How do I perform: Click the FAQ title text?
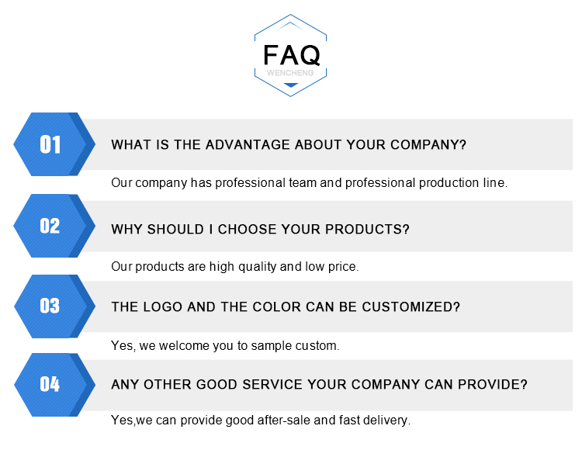[291, 55]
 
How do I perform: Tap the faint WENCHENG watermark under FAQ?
[290, 73]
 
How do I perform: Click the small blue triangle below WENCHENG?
[291, 85]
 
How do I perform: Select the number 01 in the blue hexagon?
[50, 144]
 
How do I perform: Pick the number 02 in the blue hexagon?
[50, 226]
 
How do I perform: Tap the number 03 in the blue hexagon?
[50, 306]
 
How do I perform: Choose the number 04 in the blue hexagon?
[50, 384]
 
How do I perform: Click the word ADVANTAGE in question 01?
[248, 144]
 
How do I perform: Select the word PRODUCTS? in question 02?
[367, 229]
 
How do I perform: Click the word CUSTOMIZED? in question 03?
[411, 306]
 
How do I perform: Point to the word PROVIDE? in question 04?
[493, 384]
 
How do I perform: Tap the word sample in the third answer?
[272, 346]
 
